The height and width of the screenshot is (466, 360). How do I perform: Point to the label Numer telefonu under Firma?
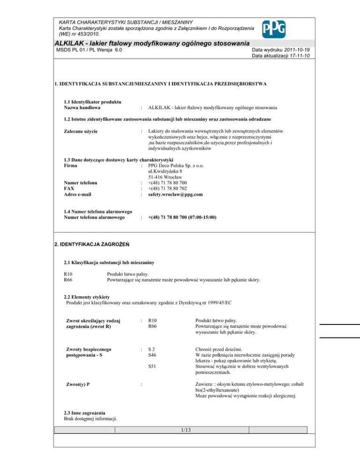[x=80, y=182]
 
